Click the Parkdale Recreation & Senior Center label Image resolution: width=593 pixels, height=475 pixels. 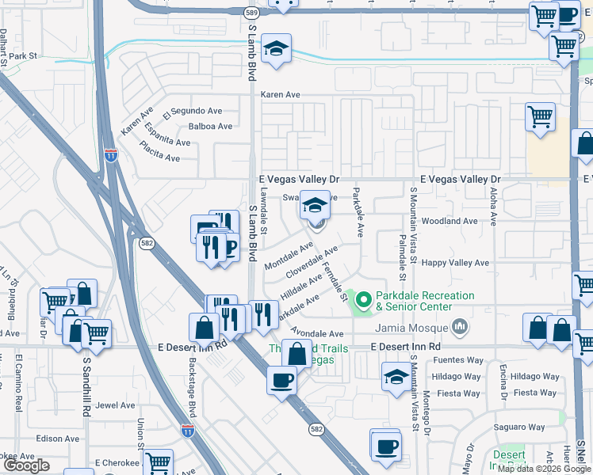pyautogui.click(x=424, y=301)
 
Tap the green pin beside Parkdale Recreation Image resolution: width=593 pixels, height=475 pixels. pyautogui.click(x=364, y=300)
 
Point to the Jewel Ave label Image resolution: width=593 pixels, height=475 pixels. pyautogui.click(x=115, y=405)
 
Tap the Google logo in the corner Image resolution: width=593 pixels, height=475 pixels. pyautogui.click(x=27, y=465)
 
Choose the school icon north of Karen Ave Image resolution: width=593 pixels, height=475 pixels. pyautogui.click(x=277, y=49)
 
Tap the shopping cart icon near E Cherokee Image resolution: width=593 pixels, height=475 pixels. pyautogui.click(x=159, y=462)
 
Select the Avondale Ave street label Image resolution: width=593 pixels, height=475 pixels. pyautogui.click(x=316, y=333)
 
